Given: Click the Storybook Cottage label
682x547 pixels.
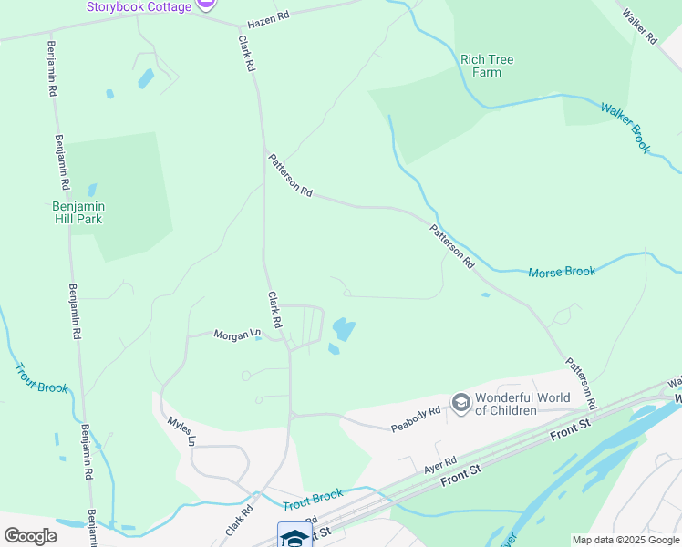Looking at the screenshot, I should coord(139,6).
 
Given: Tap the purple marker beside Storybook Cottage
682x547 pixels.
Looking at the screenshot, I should coord(207,5).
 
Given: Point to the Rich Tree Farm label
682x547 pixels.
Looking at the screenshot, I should coord(487,66).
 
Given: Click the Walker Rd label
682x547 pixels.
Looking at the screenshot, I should coord(639,26).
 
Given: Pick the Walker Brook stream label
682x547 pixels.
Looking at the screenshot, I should coord(626,127).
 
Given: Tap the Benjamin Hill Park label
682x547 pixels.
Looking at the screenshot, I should coord(77,212).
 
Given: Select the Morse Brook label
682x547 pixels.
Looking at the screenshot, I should coord(562,272).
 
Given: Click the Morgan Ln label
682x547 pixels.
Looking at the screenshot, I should coord(237,335).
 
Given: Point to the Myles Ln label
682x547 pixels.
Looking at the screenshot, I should coord(181,431).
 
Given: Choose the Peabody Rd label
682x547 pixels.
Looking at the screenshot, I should coord(416,418).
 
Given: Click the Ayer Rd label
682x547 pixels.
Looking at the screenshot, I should coord(439,466).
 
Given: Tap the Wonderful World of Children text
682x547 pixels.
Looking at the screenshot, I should coord(522,404).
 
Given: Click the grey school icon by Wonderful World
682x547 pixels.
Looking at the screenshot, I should coord(460,403).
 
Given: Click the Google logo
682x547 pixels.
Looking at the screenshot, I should coord(30,536).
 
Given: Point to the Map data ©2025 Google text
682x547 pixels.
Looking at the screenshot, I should coord(625,540).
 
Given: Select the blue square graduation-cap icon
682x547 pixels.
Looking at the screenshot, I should coord(294,535).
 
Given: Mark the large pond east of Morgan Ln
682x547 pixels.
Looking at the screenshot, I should coord(344,328).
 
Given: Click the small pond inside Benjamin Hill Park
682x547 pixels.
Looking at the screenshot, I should coord(92,191).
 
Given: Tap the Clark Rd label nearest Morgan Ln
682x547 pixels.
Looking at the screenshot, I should coord(274,310).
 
